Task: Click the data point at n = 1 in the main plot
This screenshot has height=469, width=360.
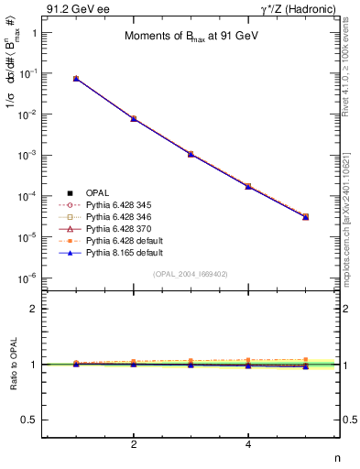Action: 76,79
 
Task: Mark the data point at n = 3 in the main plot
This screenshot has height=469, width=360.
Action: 191,154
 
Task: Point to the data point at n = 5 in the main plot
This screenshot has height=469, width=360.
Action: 305,217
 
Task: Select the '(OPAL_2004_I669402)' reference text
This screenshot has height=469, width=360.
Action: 191,275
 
